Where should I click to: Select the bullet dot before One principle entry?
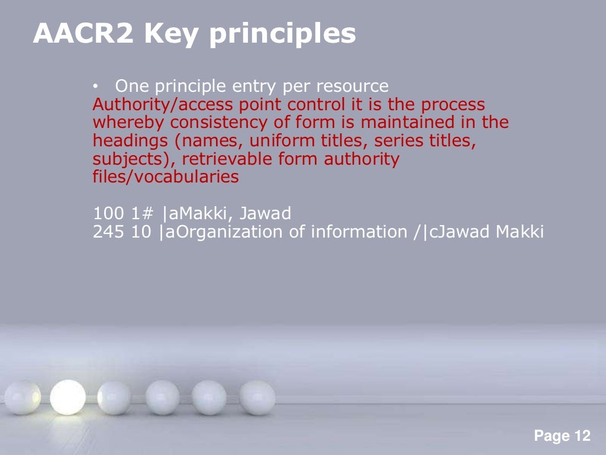96,87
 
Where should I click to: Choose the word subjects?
122,159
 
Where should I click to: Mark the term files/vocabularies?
166,177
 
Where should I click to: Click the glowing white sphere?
67,396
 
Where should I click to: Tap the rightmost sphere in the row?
257,397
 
